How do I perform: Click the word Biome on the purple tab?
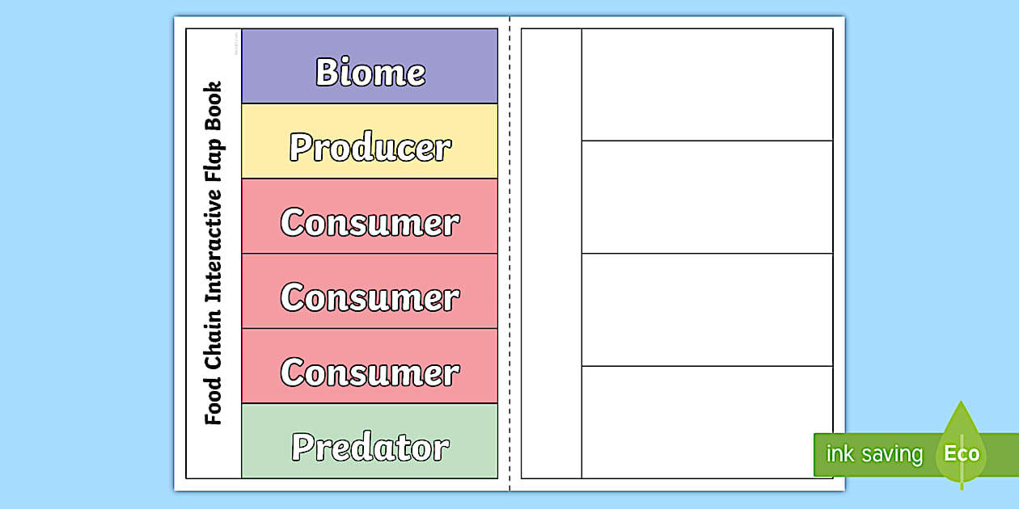tap(370, 72)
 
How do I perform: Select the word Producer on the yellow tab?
tap(370, 147)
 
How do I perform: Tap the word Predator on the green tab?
tap(370, 447)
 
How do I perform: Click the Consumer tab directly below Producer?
tap(370, 222)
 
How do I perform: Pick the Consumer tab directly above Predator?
tap(370, 372)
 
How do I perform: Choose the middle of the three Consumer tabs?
tap(370, 297)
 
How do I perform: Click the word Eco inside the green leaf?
tap(962, 453)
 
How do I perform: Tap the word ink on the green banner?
tap(836, 454)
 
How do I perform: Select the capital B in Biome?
tap(325, 72)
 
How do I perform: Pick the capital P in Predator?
tap(302, 447)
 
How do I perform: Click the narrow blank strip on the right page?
tap(551, 254)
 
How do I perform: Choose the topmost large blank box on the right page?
tap(707, 85)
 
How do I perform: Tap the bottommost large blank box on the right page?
tap(707, 422)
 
